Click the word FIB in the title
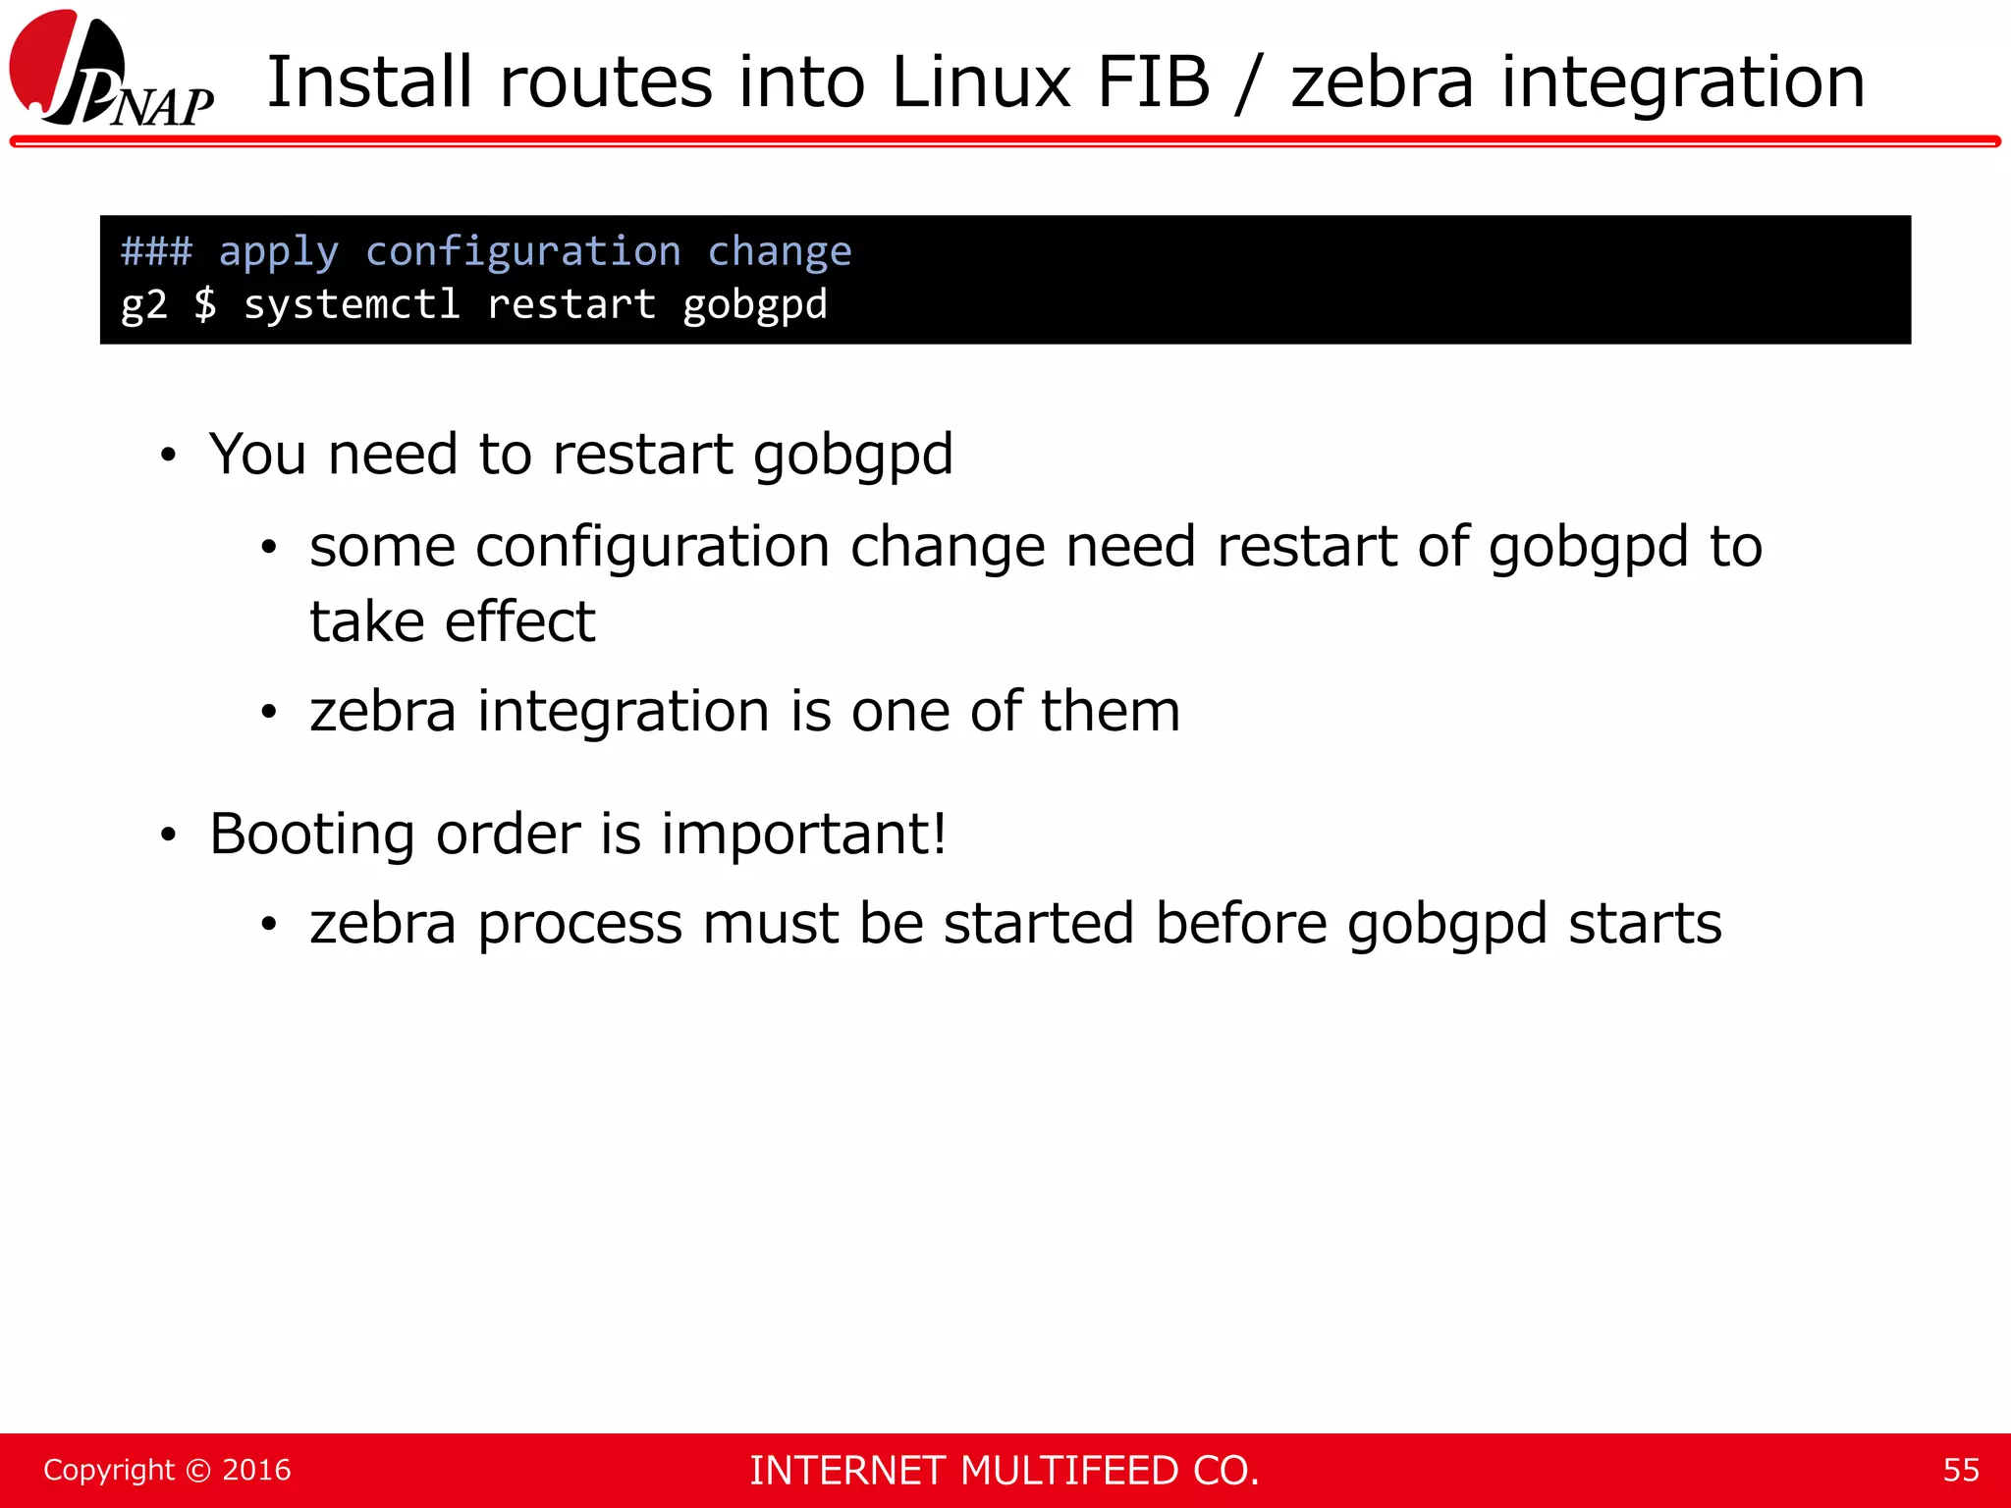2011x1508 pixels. [x=1153, y=81]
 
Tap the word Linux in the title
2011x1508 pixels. [x=981, y=81]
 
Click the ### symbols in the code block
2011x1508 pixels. [x=156, y=251]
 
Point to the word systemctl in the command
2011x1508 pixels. [x=352, y=304]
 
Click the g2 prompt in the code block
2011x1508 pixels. [x=143, y=305]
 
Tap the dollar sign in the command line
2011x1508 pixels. [x=205, y=304]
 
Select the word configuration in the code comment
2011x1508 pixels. [x=522, y=252]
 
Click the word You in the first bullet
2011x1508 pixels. [x=257, y=455]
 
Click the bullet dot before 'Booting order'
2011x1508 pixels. [x=169, y=835]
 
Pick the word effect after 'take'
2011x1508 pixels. [x=519, y=621]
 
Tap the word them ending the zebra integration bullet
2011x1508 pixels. [x=1110, y=711]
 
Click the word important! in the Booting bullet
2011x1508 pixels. [x=803, y=835]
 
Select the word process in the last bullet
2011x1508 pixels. [x=579, y=925]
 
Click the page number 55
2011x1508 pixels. [x=1961, y=1470]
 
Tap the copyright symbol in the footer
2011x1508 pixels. [x=198, y=1471]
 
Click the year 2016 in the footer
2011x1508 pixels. [x=256, y=1470]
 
